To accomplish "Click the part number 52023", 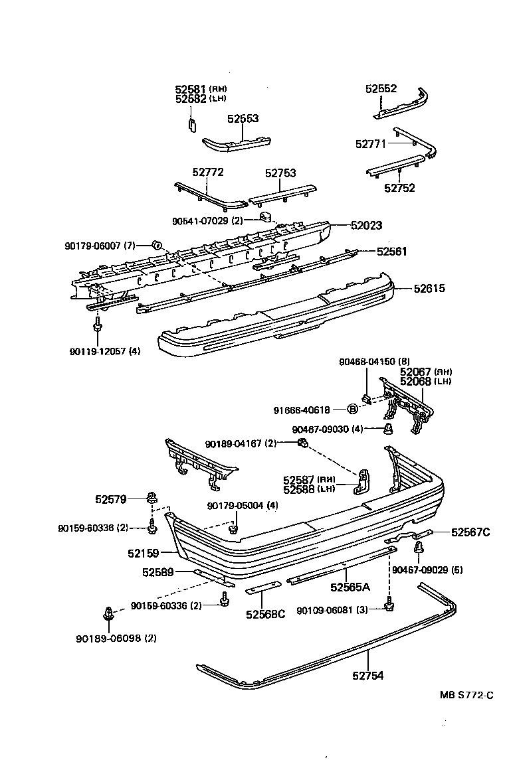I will (367, 226).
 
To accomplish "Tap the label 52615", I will (429, 289).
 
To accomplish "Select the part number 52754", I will (368, 676).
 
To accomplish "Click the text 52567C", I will (470, 532).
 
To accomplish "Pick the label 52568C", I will (265, 614).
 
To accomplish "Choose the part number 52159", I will (144, 551).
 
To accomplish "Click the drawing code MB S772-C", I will (466, 696).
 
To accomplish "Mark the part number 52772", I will (208, 172).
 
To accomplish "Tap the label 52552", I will (381, 88).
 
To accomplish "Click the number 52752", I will (399, 188).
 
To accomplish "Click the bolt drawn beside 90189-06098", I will (108, 614).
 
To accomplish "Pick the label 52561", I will (392, 252).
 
